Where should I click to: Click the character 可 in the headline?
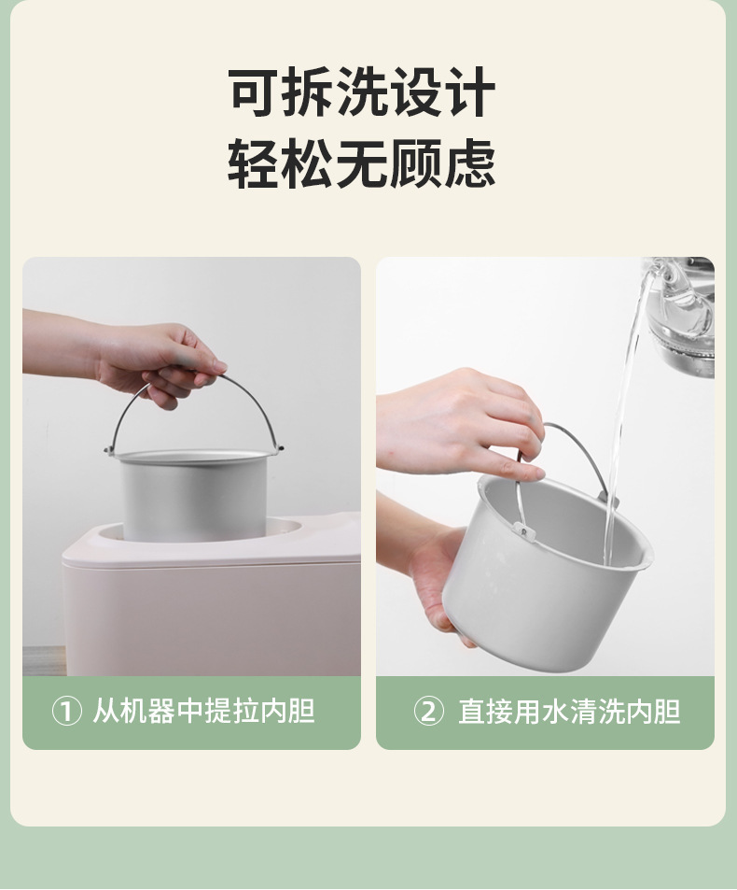[x=255, y=93]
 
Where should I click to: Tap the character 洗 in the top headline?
[x=361, y=93]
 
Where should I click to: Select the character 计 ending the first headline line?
[x=468, y=93]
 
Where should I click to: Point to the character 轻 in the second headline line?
[x=255, y=165]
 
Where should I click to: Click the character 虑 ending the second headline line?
[x=468, y=165]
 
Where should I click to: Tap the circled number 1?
[x=66, y=713]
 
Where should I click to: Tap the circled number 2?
[x=428, y=713]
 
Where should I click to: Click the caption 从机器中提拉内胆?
[x=203, y=713]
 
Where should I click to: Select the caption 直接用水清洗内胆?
[x=569, y=713]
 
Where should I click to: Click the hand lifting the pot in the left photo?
[x=159, y=360]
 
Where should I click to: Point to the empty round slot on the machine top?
[x=285, y=528]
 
